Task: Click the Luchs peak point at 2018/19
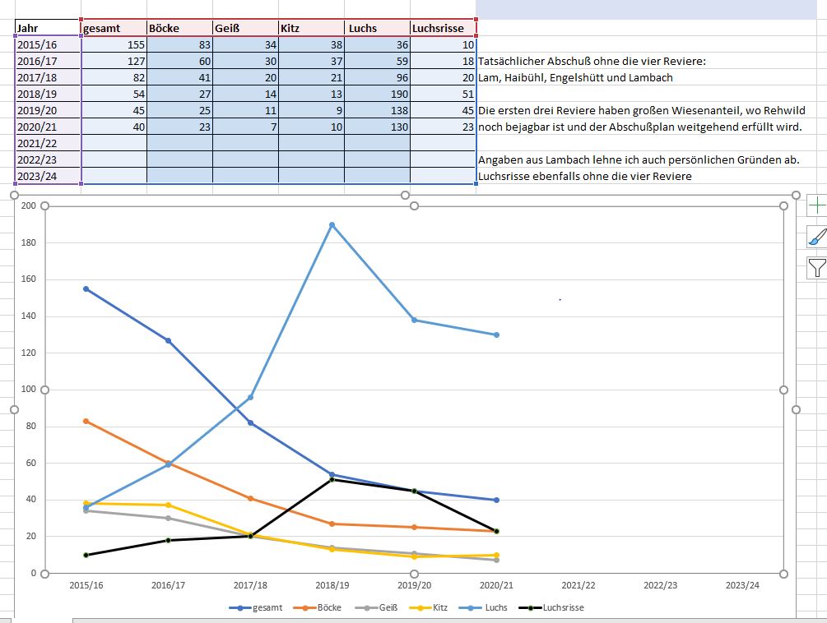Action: (x=332, y=224)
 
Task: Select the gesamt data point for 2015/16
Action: (x=86, y=288)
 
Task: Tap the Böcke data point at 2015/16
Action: (x=86, y=421)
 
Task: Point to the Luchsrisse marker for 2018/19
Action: (x=332, y=479)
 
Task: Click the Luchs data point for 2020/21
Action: (x=497, y=335)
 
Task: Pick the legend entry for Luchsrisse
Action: (x=552, y=608)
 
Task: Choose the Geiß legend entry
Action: (x=378, y=608)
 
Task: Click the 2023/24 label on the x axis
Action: (x=742, y=585)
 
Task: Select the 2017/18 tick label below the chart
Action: (x=250, y=585)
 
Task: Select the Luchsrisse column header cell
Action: (x=442, y=29)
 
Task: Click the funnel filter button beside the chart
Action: (x=816, y=267)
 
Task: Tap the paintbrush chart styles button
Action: (x=816, y=237)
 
